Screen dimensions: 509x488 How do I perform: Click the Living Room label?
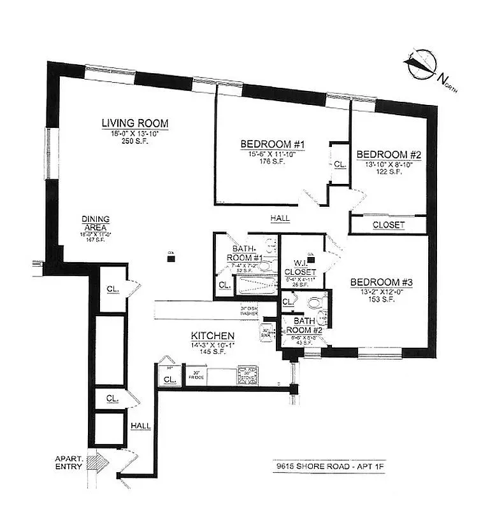135,123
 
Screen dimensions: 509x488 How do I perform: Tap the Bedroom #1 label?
272,144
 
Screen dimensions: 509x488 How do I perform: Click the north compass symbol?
420,64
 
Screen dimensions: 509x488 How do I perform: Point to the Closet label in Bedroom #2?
388,225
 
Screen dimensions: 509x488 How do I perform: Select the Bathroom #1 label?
244,253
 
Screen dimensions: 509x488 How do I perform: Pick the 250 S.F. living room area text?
135,141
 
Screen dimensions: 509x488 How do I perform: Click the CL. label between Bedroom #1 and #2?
340,164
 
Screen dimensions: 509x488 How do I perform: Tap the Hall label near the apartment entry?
140,426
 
